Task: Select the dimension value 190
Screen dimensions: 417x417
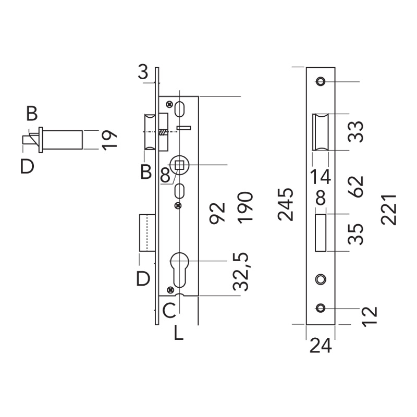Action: (245, 207)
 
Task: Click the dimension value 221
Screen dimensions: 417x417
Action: (389, 208)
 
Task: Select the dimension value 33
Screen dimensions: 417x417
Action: (356, 131)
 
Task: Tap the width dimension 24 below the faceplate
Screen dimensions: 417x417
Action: (321, 345)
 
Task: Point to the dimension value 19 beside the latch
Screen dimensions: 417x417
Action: (110, 140)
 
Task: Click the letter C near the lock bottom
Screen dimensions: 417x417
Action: (168, 311)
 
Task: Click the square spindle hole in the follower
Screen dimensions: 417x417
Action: (180, 165)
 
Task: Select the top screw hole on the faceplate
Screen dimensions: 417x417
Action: (320, 82)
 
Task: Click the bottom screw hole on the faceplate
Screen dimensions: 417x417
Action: (320, 308)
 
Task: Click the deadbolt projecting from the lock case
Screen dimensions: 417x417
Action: (146, 233)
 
